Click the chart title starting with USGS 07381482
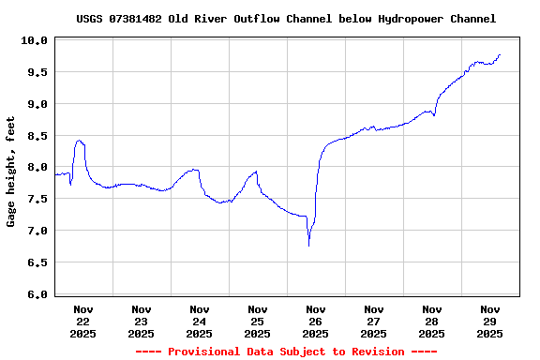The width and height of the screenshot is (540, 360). [x=286, y=19]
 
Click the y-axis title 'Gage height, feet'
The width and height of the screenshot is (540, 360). [x=11, y=172]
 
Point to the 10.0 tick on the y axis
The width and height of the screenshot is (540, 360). [x=35, y=40]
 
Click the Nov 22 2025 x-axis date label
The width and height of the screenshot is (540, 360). [x=83, y=321]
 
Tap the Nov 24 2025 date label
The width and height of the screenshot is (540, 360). [x=200, y=321]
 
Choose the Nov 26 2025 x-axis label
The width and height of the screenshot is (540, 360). [x=316, y=321]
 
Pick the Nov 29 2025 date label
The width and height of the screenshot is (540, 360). [x=490, y=321]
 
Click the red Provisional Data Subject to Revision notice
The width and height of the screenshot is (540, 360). [x=286, y=352]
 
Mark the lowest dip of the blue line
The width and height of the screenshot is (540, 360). [x=308, y=245]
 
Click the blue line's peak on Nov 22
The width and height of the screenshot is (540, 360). [x=80, y=141]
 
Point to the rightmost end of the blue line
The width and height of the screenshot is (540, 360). [x=501, y=54]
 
